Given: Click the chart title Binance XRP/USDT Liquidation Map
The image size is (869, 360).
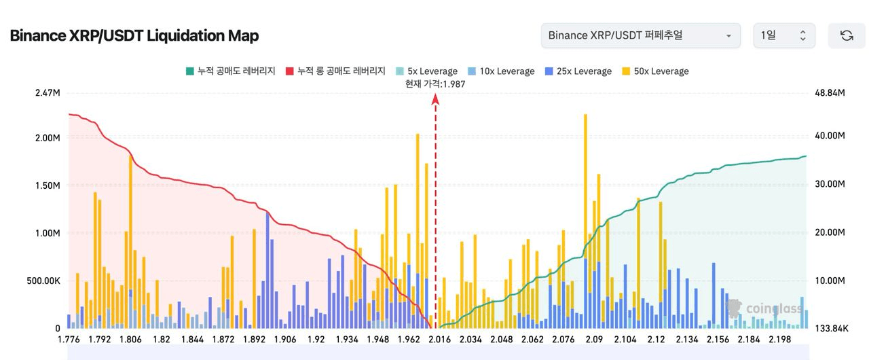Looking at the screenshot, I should click(134, 36).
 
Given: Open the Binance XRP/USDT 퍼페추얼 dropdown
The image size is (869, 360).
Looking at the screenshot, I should click(640, 35).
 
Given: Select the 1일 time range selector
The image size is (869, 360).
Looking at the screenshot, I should click(783, 35).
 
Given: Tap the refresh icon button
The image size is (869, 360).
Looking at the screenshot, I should click(846, 35).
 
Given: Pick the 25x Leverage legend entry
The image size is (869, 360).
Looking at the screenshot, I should click(578, 71).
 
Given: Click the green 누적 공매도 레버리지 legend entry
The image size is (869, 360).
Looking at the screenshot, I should click(230, 71).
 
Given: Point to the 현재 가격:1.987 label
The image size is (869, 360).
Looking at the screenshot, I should click(435, 84).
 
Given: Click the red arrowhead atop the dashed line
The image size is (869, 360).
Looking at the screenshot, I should click(435, 100).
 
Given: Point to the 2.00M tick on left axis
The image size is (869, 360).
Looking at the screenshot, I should click(48, 138).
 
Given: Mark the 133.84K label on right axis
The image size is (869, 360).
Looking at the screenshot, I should click(831, 329).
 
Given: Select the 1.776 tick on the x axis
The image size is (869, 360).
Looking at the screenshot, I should click(69, 340).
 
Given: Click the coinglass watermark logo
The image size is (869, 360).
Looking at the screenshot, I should click(764, 309).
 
